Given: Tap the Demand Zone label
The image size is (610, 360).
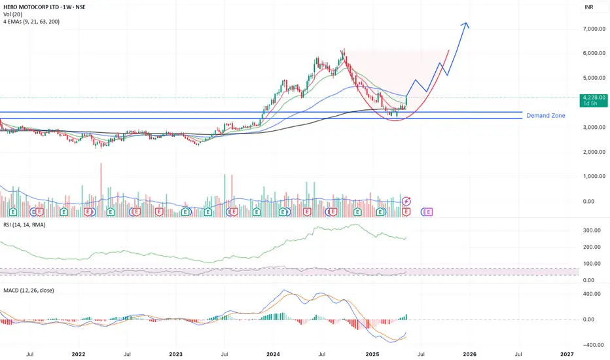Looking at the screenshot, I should click(546, 115).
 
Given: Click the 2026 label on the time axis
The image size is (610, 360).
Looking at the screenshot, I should click(469, 353).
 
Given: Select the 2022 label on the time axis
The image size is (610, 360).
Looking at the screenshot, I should click(79, 353).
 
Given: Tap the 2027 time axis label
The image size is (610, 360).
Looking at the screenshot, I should click(567, 353).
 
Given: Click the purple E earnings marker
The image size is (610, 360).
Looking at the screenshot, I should click(429, 211).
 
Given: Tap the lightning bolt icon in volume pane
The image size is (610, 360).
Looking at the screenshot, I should click(407, 201).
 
